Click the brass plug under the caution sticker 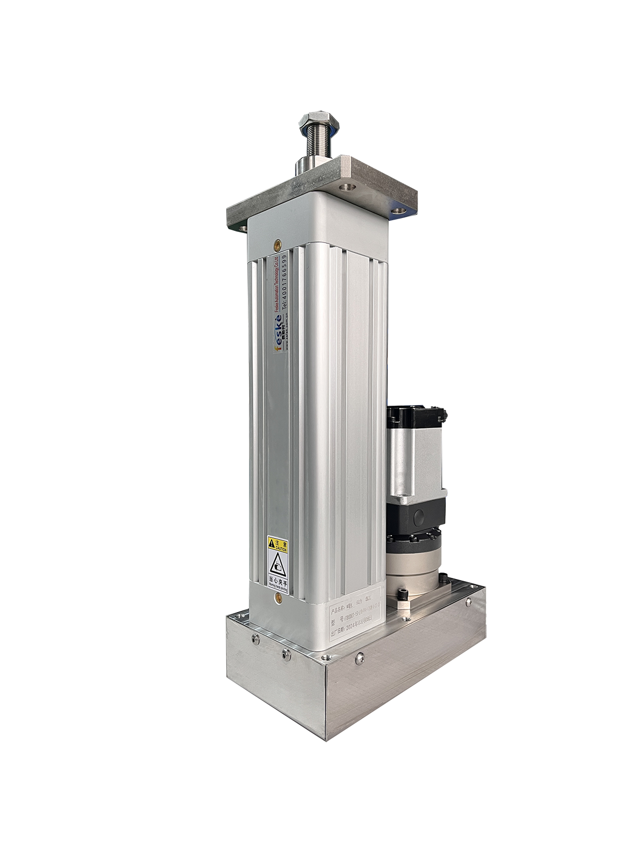[x=277, y=599]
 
